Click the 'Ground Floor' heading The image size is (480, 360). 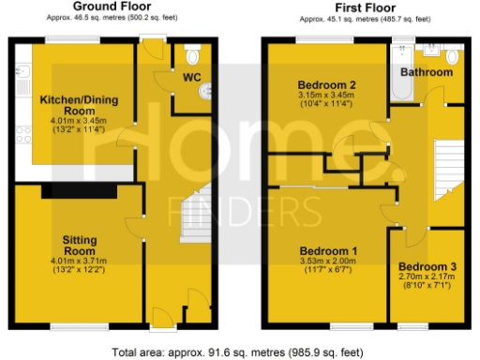(x=112, y=7)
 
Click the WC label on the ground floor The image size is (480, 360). (x=192, y=76)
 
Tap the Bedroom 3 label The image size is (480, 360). (x=428, y=267)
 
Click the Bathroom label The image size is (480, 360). (x=427, y=72)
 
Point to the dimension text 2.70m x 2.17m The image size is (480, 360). (x=428, y=279)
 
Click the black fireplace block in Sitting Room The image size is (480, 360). (x=79, y=191)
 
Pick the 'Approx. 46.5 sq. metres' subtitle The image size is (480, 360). (x=112, y=18)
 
